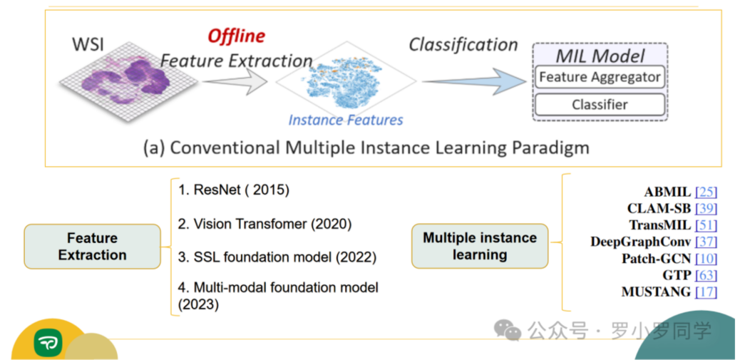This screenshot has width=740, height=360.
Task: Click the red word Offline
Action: [236, 36]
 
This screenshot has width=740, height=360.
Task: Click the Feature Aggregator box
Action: [600, 77]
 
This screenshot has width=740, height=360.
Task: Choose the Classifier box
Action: [600, 105]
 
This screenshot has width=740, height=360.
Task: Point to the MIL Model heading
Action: [600, 55]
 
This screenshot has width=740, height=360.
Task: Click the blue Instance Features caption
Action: [346, 120]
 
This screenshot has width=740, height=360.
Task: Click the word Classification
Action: [463, 44]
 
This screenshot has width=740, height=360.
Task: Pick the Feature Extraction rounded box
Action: [92, 247]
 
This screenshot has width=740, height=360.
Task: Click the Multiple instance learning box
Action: [480, 246]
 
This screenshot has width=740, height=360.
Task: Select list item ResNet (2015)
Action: [233, 190]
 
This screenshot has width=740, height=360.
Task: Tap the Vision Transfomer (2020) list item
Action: [264, 224]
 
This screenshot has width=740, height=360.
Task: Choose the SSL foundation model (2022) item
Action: [277, 257]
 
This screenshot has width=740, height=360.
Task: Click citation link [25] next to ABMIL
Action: [706, 192]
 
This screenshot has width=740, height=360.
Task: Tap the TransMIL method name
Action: [659, 225]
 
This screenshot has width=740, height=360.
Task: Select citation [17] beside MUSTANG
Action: [706, 292]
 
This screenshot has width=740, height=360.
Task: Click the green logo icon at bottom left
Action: [48, 344]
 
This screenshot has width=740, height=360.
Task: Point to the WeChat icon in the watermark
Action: [508, 330]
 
